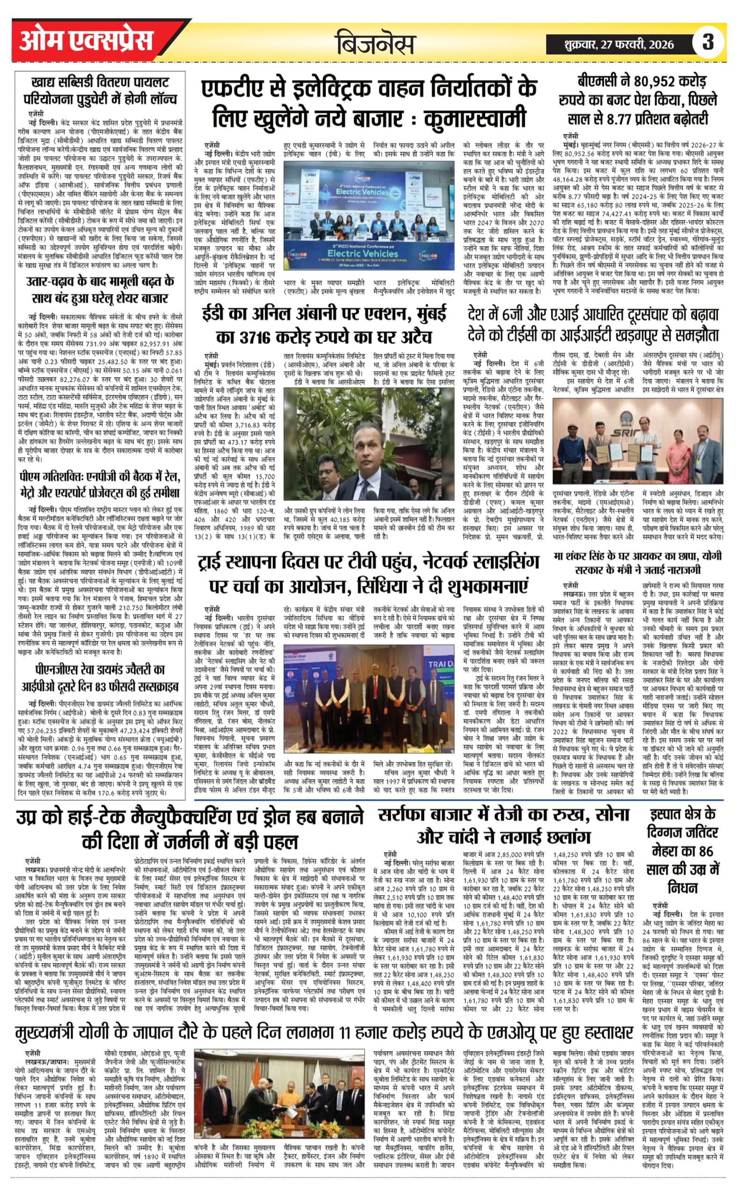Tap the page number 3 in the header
point(707,43)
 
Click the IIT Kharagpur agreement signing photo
point(637,442)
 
